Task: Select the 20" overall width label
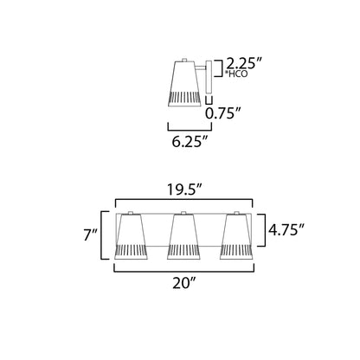[184, 280]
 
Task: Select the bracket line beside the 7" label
[106, 235]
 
